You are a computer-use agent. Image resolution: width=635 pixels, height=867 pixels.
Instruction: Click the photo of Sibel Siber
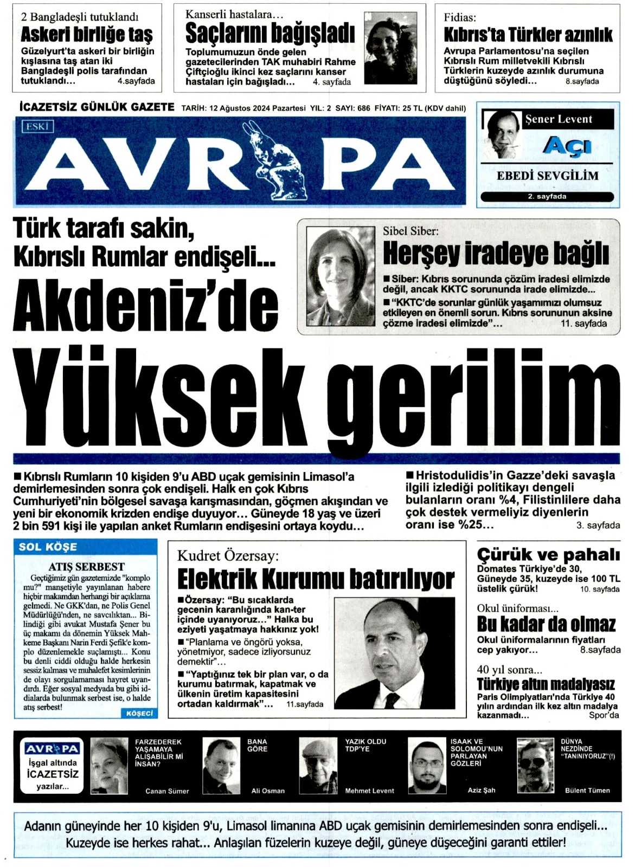pyautogui.click(x=341, y=276)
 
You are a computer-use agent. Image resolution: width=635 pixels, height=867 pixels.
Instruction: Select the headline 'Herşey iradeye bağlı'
pyautogui.click(x=496, y=253)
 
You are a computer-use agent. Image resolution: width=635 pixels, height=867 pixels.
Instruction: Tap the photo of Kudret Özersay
pyautogui.click(x=394, y=652)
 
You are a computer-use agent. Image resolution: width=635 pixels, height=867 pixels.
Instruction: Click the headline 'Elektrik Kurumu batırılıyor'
pyautogui.click(x=316, y=579)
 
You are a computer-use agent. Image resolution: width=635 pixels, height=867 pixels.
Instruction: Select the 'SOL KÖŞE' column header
pyautogui.click(x=48, y=547)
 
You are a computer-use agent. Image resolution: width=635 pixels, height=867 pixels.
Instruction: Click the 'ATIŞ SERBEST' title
pyautogui.click(x=86, y=566)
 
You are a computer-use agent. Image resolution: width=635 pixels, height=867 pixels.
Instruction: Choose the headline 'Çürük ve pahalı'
pyautogui.click(x=548, y=555)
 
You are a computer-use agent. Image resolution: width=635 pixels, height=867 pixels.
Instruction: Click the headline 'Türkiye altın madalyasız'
pyautogui.click(x=546, y=684)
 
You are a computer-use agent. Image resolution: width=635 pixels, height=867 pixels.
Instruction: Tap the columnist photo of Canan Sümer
pyautogui.click(x=109, y=766)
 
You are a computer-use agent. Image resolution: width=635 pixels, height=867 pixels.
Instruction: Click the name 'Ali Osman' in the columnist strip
pyautogui.click(x=268, y=791)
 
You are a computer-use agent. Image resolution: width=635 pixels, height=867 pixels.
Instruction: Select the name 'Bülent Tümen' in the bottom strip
pyautogui.click(x=587, y=791)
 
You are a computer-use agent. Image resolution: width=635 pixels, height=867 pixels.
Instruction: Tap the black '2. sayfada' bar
pyautogui.click(x=547, y=197)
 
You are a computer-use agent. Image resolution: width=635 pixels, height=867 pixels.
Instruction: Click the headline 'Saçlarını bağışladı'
pyautogui.click(x=270, y=34)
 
